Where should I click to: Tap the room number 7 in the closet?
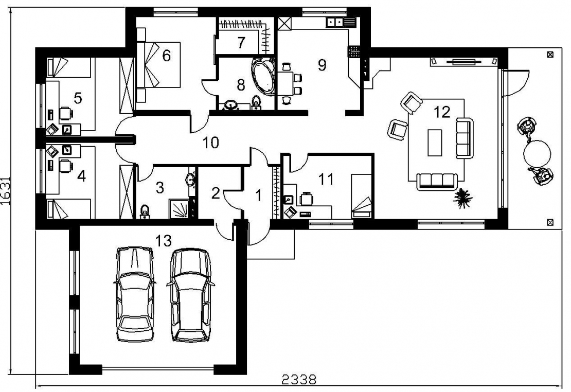coord(241,43)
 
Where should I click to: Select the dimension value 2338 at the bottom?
coord(299,380)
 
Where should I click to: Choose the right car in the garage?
coord(190,295)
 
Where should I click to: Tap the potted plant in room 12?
coord(463,199)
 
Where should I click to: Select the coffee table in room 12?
coord(435,142)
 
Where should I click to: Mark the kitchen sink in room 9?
coord(335,22)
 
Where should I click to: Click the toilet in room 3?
coord(145,211)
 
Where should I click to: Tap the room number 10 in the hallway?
coord(210,142)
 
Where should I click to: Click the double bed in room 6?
coord(159,65)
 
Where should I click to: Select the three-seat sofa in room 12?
coord(437,181)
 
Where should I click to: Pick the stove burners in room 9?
coord(354,51)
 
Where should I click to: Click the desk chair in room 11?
coord(306,199)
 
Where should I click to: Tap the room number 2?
coord(216,193)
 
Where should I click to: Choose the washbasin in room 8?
coord(231,105)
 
